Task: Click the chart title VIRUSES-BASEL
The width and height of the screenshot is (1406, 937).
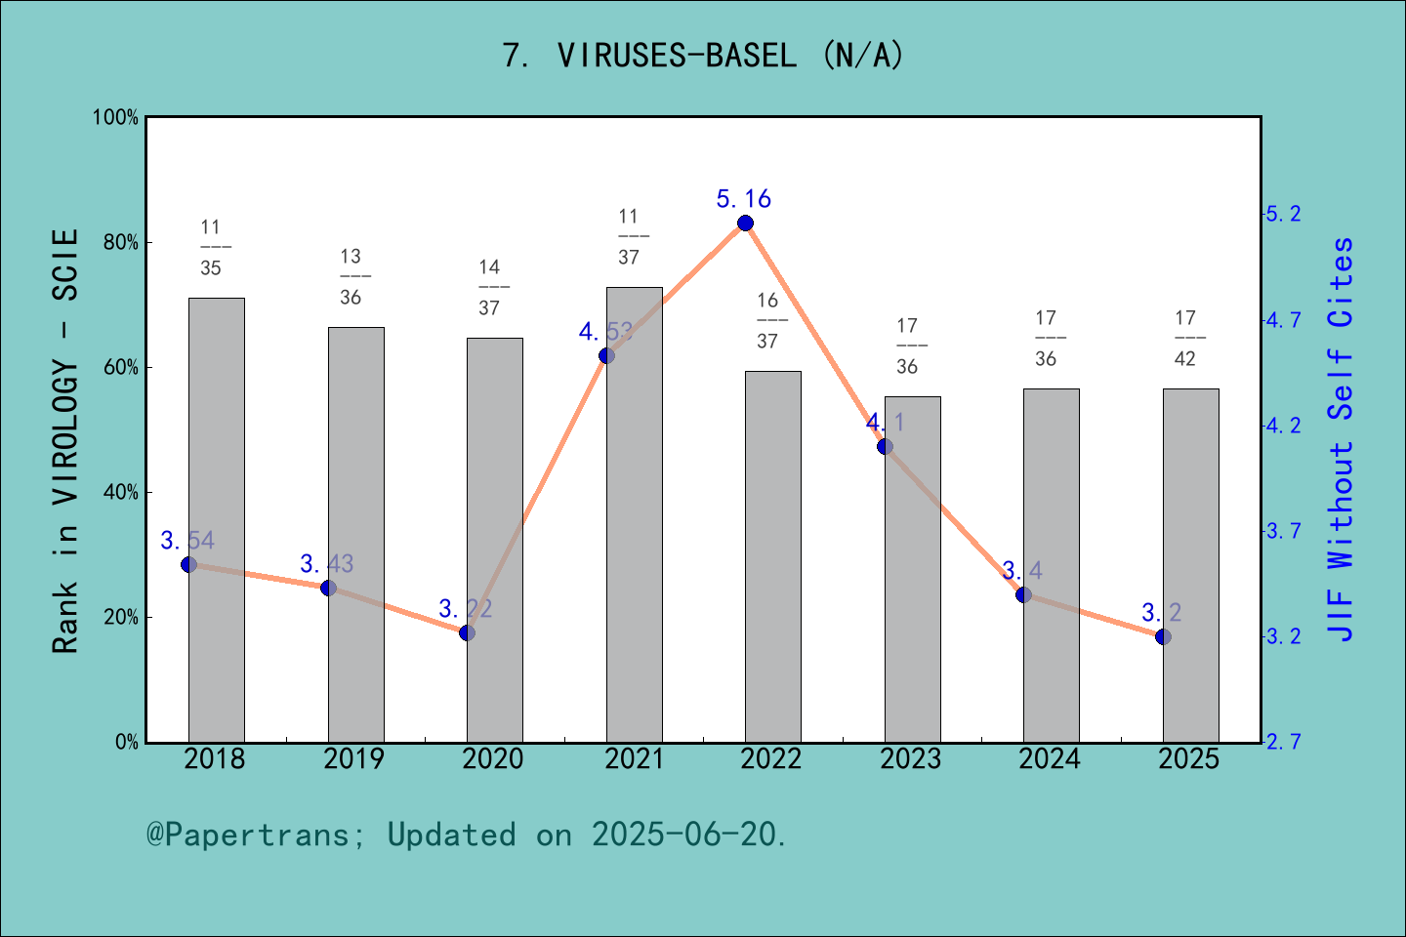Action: pos(703,56)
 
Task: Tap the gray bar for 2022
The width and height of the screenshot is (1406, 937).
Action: pos(773,556)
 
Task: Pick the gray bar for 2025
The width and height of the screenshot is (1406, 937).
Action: pos(1190,565)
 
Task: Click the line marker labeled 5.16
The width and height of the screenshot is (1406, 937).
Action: pos(745,224)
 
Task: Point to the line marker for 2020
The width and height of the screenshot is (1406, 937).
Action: pos(467,632)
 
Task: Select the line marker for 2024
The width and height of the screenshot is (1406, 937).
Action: pos(1023,594)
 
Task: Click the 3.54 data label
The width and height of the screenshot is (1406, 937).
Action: pos(187,541)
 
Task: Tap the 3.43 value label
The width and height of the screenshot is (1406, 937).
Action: pos(326,564)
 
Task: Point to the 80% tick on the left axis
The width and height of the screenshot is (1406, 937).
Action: pos(121,243)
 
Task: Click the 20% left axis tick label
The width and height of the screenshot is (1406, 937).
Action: pos(121,618)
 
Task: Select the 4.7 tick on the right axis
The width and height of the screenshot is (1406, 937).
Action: pos(1283,320)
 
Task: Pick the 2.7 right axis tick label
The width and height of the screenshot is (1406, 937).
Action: pos(1283,742)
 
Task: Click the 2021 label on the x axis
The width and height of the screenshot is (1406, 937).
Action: pos(634,759)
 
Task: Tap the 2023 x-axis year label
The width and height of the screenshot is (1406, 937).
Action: pos(911,759)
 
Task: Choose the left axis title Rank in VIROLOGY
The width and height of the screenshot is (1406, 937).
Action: pos(65,441)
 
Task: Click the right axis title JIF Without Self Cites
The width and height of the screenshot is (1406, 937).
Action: pos(1342,439)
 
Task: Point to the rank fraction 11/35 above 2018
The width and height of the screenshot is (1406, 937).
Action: pos(211,248)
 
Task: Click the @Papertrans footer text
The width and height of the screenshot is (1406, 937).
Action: pos(467,835)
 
